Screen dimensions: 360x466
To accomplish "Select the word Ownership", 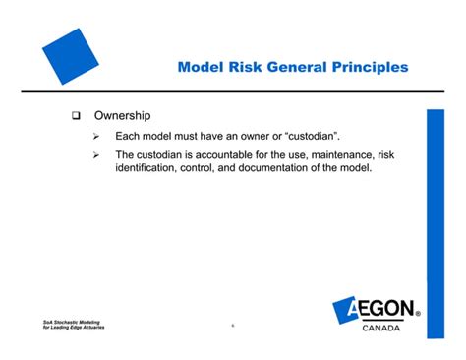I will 121,117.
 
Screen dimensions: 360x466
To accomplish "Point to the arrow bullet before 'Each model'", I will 96,137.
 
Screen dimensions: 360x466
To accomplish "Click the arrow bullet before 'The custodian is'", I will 96,155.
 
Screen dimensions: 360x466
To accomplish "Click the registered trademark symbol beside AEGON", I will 419,316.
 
